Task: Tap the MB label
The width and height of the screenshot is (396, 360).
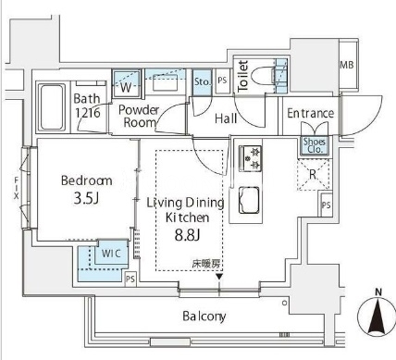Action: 347,65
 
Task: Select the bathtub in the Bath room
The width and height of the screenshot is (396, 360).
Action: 53,107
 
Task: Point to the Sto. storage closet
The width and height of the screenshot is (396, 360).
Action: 203,82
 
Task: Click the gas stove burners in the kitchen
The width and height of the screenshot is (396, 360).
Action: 251,158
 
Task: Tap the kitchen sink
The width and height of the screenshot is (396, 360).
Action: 249,200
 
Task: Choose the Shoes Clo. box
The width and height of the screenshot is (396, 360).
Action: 315,145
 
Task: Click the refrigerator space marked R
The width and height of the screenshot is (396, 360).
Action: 313,174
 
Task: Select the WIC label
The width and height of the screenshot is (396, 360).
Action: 111,254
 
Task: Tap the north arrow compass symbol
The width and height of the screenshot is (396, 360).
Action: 377,316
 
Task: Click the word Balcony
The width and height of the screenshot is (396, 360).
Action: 204,317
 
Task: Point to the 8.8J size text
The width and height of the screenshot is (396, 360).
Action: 188,235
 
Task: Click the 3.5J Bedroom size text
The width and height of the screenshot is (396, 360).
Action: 86,199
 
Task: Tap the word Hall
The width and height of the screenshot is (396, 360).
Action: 226,118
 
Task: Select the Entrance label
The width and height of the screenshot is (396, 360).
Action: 311,113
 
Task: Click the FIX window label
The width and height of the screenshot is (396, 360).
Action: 16,188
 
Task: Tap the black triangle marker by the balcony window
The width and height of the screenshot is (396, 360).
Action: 219,277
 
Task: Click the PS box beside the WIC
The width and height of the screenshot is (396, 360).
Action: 130,279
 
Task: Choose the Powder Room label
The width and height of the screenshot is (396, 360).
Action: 139,116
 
